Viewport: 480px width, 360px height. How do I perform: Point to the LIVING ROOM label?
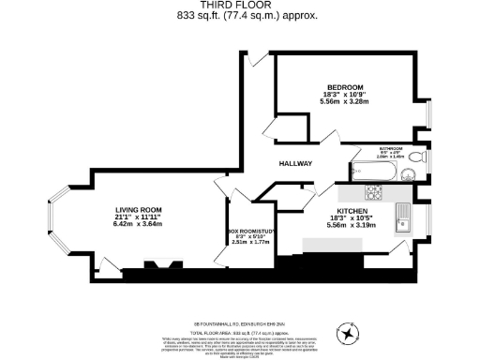(x=138, y=209)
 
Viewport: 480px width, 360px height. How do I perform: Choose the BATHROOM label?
(x=391, y=147)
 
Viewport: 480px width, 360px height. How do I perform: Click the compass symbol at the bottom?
(x=350, y=332)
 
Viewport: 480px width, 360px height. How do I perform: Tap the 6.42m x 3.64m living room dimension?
(x=138, y=224)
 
